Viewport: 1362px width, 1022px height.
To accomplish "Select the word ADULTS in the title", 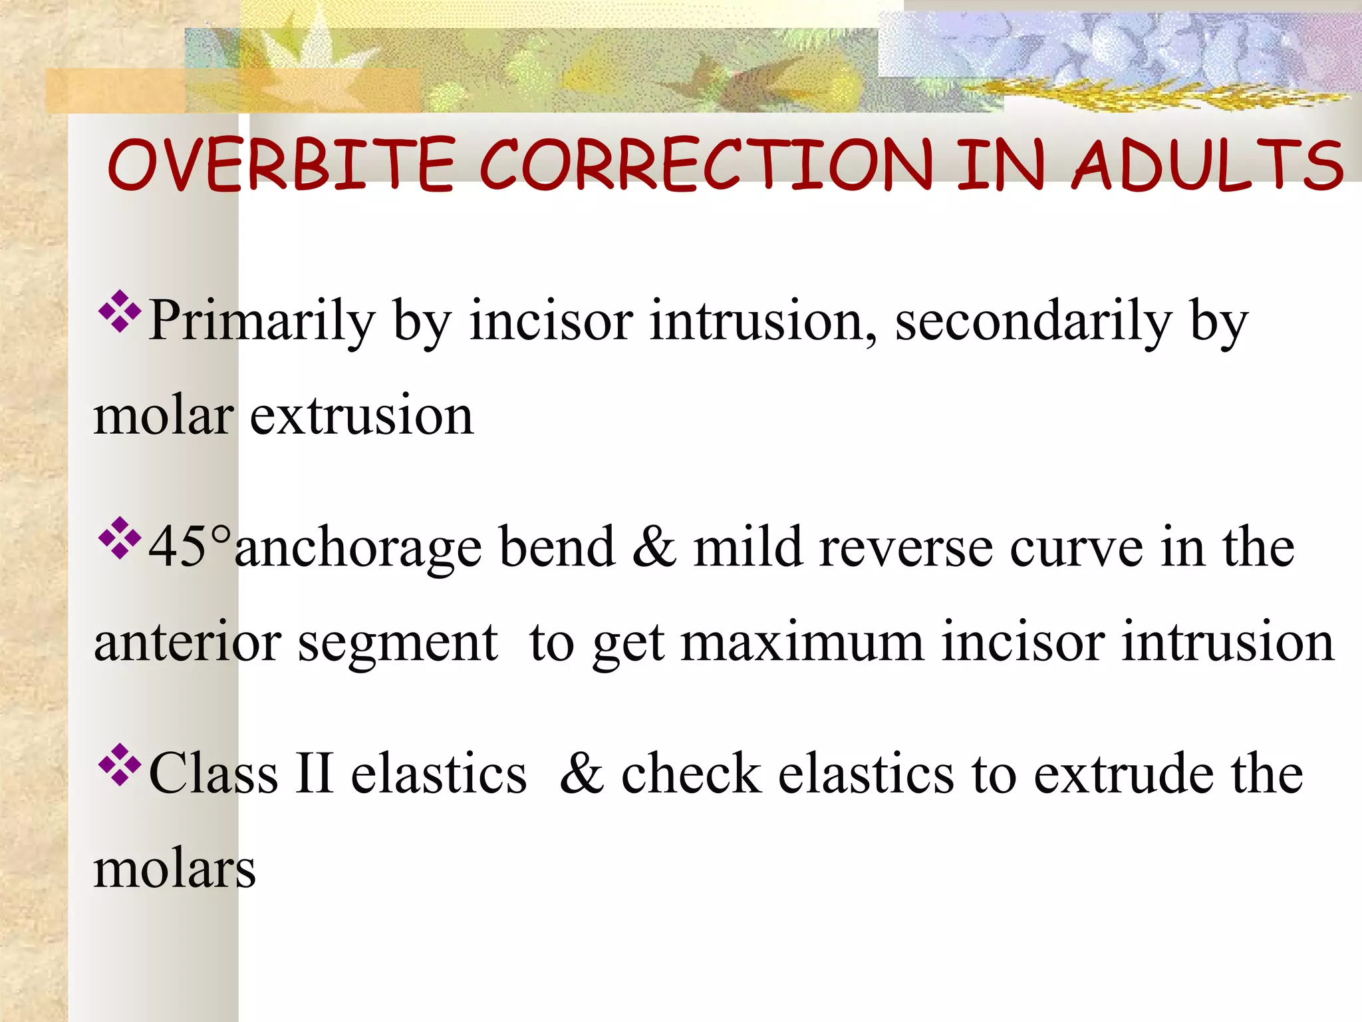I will [1208, 165].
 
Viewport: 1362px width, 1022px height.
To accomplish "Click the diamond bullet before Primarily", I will [120, 311].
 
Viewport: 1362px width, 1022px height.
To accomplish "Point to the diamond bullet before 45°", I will [120, 538].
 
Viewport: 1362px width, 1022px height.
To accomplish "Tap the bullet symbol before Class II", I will [120, 765].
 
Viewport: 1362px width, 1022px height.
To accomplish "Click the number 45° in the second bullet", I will [190, 547].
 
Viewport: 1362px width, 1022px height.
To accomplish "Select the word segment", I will [397, 644].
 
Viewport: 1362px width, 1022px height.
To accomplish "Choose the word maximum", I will [802, 643].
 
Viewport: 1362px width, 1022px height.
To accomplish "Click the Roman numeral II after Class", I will [314, 774].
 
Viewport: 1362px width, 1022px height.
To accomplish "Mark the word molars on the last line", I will [174, 870].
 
